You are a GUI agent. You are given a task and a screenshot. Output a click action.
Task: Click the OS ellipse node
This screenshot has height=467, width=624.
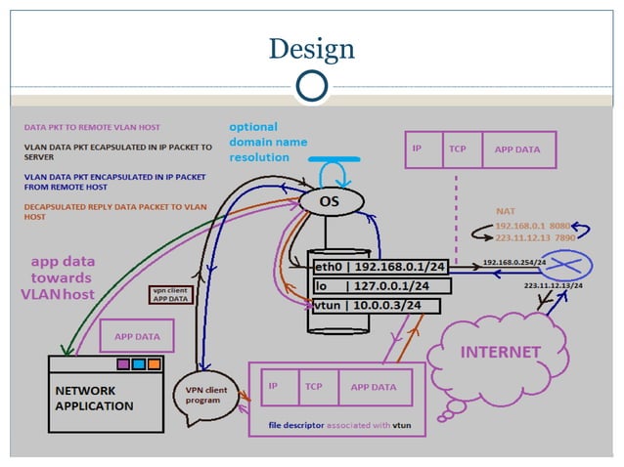pyautogui.click(x=331, y=201)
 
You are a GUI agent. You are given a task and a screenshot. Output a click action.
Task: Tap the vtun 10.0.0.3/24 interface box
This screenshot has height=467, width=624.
pyautogui.click(x=368, y=307)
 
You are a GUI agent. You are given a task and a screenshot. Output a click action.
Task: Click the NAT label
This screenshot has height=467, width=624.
pyautogui.click(x=505, y=210)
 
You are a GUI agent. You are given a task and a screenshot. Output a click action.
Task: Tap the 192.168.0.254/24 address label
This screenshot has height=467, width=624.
pyautogui.click(x=514, y=263)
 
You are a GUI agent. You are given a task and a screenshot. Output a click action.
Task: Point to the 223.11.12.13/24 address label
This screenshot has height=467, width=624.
pyautogui.click(x=553, y=286)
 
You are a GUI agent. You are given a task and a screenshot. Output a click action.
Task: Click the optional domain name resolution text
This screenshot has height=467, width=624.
pyautogui.click(x=267, y=142)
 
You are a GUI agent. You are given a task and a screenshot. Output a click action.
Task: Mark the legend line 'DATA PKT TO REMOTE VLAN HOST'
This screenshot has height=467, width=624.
pyautogui.click(x=92, y=127)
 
